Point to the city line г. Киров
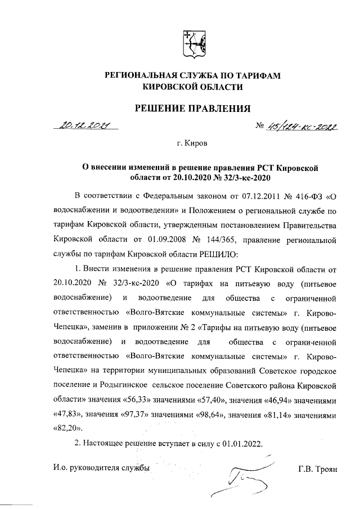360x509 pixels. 192,144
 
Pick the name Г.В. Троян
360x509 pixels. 318,468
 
